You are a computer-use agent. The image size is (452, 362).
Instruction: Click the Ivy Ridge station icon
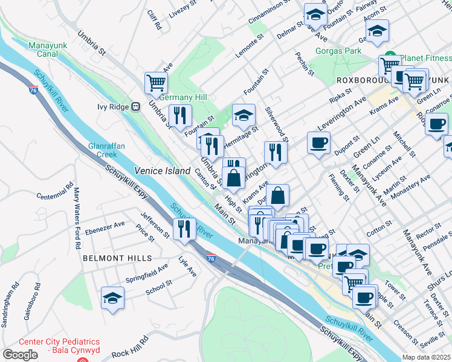pyautogui.click(x=136, y=107)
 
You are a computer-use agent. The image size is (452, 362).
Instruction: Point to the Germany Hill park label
pyautogui.click(x=183, y=97)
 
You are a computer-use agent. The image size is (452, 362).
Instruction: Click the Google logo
pyautogui.click(x=20, y=354)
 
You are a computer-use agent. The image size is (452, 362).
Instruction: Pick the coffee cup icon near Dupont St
pyautogui.click(x=318, y=143)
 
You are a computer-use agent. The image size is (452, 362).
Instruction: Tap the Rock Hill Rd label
pyautogui.click(x=131, y=352)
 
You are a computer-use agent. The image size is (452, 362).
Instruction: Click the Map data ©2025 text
pyautogui.click(x=427, y=357)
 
